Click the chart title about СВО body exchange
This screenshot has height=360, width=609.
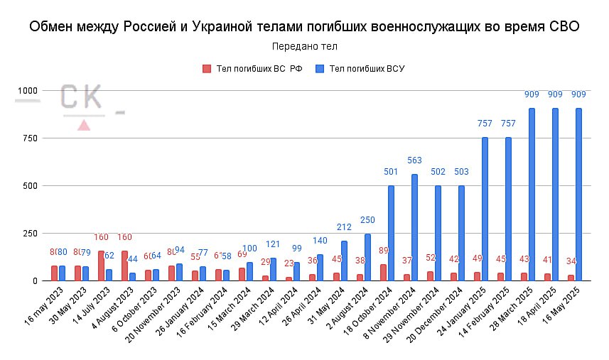pos(304,27)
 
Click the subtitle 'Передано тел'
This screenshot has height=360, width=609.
pos(304,47)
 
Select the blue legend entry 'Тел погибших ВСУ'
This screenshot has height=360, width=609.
pos(362,69)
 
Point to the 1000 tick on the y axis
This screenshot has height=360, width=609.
pos(28,91)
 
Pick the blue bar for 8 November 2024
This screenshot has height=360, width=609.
pos(414,227)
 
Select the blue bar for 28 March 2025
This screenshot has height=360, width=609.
pos(532,195)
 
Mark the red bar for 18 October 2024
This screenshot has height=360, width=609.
pos(383,273)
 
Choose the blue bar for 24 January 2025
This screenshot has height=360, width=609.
pos(485,209)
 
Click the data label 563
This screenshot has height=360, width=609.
pos(414,160)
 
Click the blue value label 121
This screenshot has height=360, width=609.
pos(274,245)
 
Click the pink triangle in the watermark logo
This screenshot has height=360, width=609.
pos(84,125)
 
